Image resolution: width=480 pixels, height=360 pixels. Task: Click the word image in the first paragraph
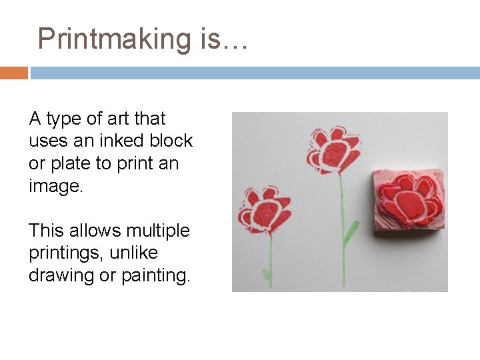55,186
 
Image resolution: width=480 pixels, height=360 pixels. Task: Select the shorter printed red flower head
265,211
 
